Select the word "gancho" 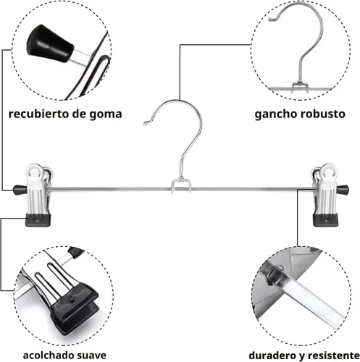pyautogui.click(x=275, y=114)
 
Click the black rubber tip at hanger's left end pyautogui.click(x=20, y=190)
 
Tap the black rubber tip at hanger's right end pyautogui.click(x=343, y=190)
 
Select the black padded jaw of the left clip pyautogui.click(x=38, y=220)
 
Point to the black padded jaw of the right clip pyautogui.click(x=325, y=220)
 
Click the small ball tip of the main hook pyautogui.click(x=145, y=124)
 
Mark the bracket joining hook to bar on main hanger pyautogui.click(x=182, y=185)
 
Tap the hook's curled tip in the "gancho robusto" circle pyautogui.click(x=272, y=19)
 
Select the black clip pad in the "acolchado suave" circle pyautogui.click(x=74, y=306)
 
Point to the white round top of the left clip pyautogui.click(x=35, y=171)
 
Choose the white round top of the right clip pyautogui.click(x=328, y=171)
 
